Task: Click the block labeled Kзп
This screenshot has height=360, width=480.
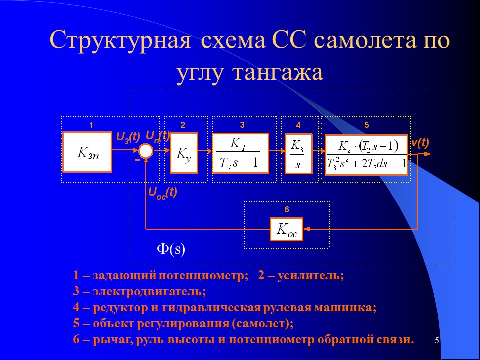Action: pos(87,152)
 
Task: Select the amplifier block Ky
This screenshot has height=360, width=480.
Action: pos(184,153)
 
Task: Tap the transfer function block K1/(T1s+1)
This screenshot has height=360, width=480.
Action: pos(240,153)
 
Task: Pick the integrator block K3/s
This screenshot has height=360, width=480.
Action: pos(298,153)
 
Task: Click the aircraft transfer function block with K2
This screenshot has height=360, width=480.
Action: pos(367,154)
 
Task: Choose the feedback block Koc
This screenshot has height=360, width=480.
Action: pos(287,230)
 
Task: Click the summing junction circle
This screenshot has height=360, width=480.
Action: pos(146,151)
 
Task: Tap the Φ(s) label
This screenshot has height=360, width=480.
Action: pos(171,249)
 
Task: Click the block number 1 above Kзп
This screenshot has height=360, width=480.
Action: pos(91,124)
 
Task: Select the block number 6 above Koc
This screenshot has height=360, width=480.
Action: pos(286,209)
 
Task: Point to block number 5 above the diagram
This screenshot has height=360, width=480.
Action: pos(366,124)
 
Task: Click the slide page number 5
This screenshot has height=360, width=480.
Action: pos(437,341)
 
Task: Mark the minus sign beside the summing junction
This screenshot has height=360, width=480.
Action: pos(136,161)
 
